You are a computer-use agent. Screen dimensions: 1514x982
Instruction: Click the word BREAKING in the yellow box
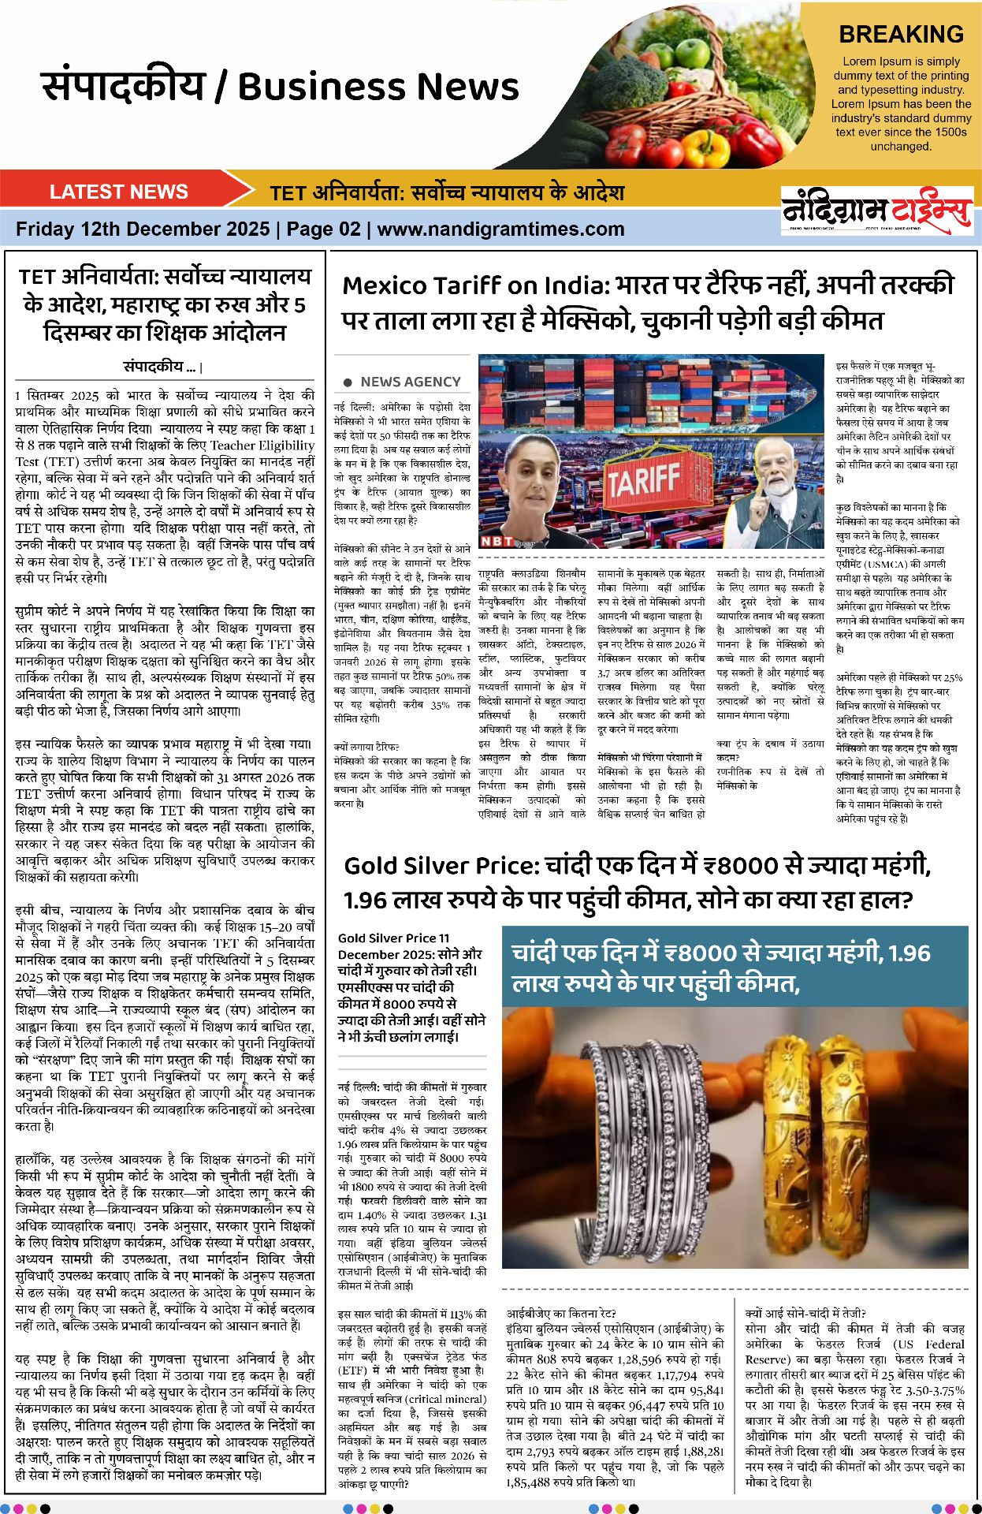point(901,35)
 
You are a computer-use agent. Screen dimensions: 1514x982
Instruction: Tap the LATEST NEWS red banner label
point(118,192)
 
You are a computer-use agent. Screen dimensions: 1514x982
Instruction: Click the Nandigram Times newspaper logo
point(876,211)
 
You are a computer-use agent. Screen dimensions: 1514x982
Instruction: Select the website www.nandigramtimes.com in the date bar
point(500,229)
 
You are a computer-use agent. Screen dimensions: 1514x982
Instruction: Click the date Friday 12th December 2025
point(143,229)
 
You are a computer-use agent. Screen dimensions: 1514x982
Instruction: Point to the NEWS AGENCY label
point(410,382)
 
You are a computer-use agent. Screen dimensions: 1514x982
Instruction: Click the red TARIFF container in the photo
point(642,478)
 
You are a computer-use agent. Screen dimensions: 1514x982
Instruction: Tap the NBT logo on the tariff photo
point(497,541)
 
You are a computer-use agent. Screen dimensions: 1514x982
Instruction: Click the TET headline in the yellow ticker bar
point(447,192)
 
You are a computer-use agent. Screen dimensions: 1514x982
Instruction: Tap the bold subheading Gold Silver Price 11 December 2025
point(410,945)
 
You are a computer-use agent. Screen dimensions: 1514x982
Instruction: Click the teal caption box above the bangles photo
point(735,967)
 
